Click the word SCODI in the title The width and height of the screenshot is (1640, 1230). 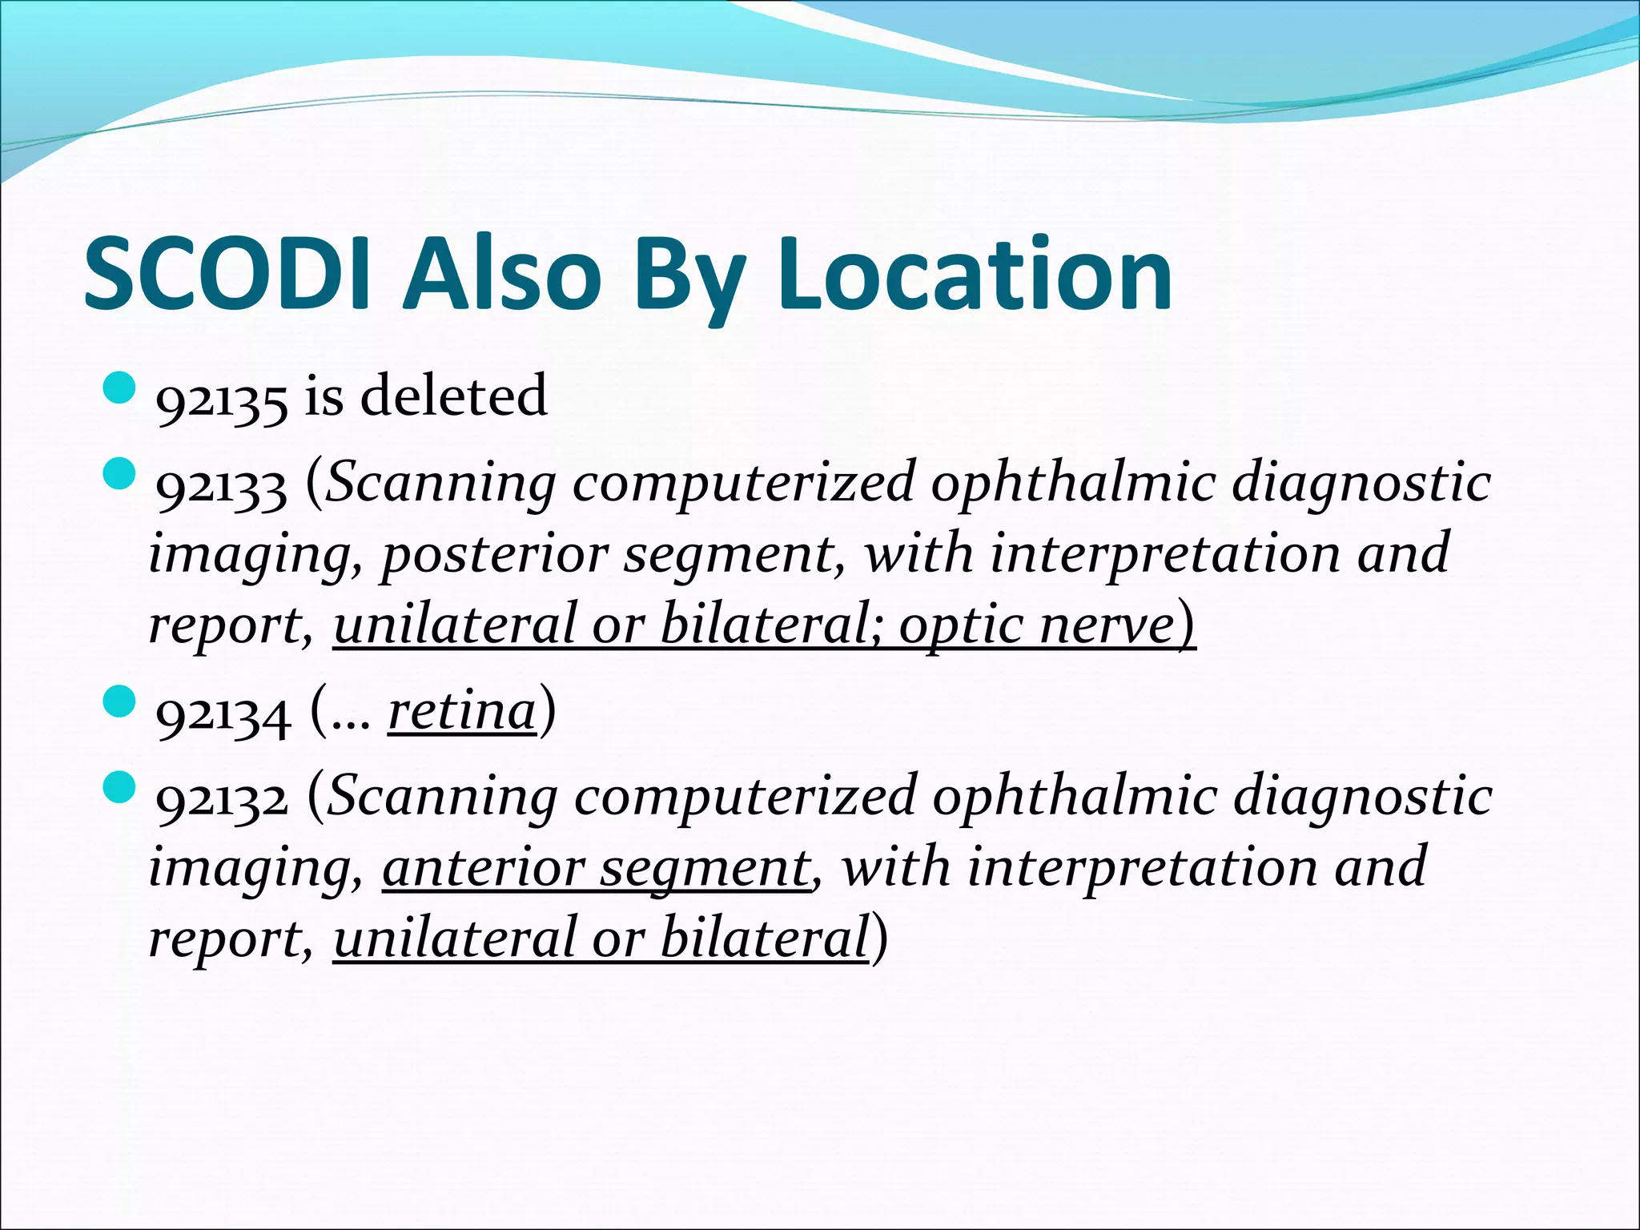point(227,273)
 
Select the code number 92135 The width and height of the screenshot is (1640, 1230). point(221,398)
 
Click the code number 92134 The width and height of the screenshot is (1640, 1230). point(223,713)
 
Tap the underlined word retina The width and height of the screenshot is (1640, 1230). point(462,710)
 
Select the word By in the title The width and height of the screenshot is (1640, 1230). point(691,273)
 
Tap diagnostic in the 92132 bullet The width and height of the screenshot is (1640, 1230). point(1362,798)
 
